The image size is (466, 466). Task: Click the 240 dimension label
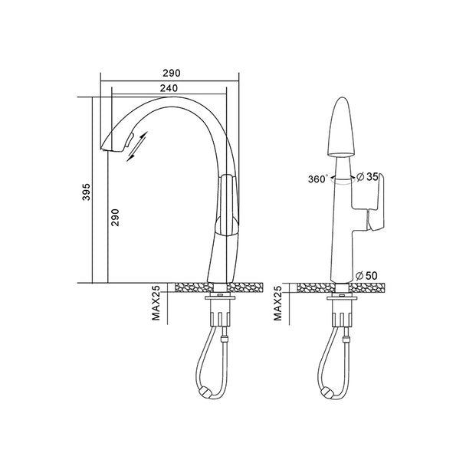(x=169, y=88)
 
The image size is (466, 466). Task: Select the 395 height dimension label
(x=86, y=192)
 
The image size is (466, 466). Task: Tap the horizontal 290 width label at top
(x=172, y=73)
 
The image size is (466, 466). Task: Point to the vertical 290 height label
(x=115, y=217)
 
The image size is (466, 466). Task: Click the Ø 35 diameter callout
(x=367, y=177)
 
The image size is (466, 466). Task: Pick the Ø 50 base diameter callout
(x=366, y=276)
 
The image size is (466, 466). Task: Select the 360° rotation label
(x=318, y=179)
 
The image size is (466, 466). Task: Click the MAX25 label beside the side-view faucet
(x=156, y=303)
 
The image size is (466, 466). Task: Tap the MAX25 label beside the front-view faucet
(x=277, y=304)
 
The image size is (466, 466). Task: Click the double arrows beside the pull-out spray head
(x=137, y=147)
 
